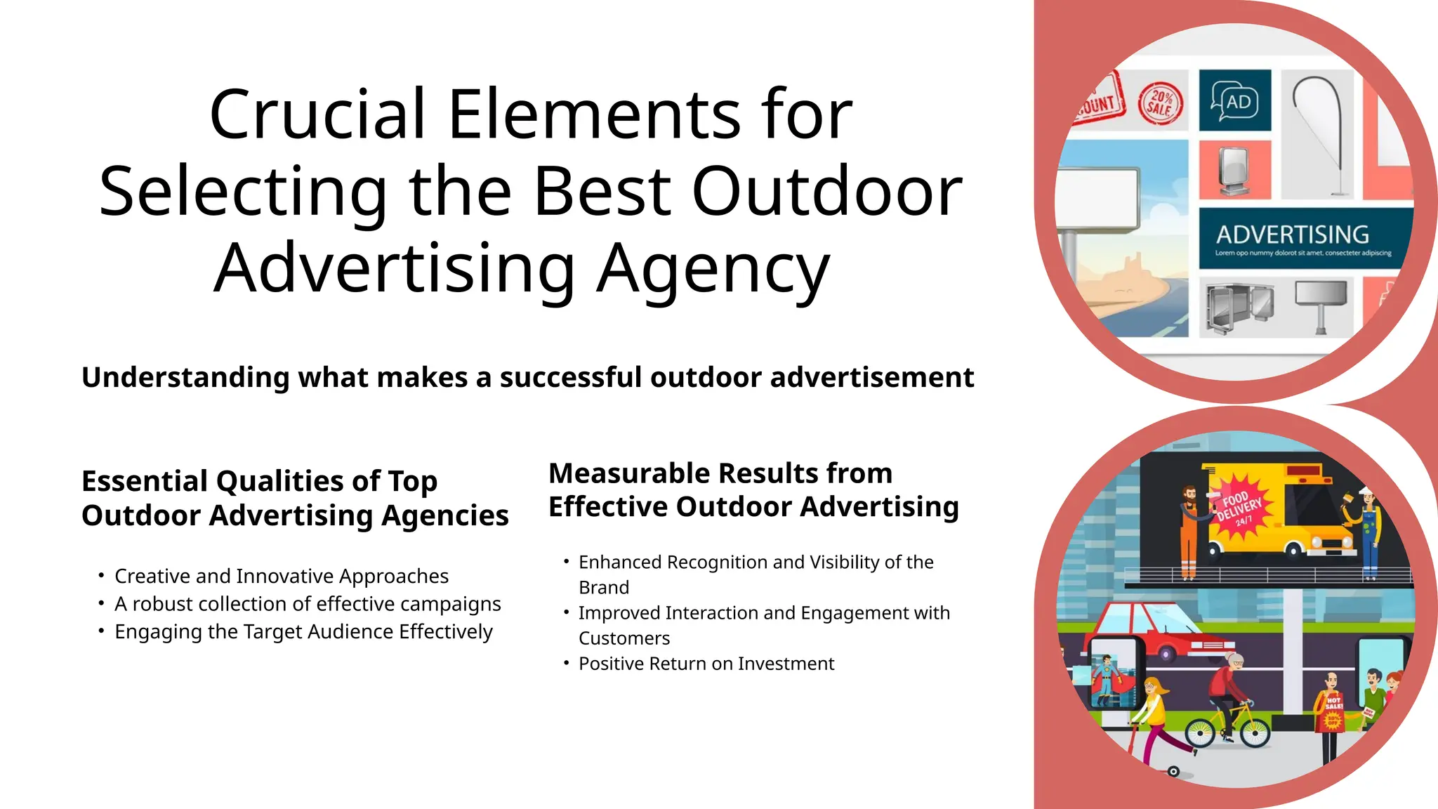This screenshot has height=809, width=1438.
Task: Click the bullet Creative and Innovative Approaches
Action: click(x=281, y=577)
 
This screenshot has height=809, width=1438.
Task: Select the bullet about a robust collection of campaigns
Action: click(x=308, y=604)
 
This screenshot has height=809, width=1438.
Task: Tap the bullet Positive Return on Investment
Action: click(x=706, y=664)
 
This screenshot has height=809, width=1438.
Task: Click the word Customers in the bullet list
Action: click(x=624, y=638)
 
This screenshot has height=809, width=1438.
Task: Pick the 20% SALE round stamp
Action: click(x=1160, y=103)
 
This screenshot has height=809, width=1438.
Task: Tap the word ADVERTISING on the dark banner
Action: click(x=1292, y=234)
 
